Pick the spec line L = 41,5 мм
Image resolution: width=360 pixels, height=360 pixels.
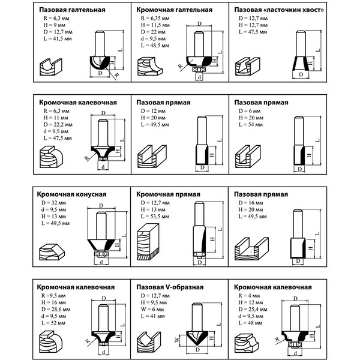(x=52, y=37)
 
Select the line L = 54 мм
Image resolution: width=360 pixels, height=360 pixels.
(x=247, y=124)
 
